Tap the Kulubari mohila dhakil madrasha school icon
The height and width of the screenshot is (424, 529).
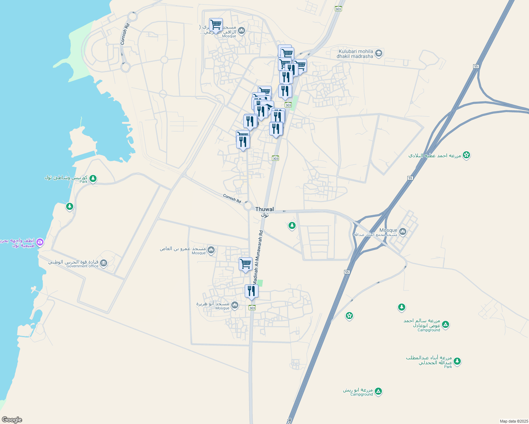(x=379, y=53)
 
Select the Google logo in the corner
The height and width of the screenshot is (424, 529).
(x=12, y=419)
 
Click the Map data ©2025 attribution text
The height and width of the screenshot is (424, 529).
(x=514, y=421)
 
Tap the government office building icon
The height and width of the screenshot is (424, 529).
(x=104, y=263)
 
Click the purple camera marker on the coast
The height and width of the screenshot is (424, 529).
(x=40, y=242)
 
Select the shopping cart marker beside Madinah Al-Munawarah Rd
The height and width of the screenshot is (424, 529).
(x=245, y=264)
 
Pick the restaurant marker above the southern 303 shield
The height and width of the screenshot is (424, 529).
(x=251, y=291)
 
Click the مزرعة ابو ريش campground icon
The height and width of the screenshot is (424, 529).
(x=378, y=391)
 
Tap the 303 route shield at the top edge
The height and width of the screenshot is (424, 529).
(x=338, y=9)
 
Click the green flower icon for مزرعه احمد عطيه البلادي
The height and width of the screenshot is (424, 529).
(x=466, y=155)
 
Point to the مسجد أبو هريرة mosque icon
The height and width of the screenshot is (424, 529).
(x=234, y=305)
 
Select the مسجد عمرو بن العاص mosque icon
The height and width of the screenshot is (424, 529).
(x=211, y=250)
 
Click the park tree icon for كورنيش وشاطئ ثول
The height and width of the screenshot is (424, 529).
(x=93, y=178)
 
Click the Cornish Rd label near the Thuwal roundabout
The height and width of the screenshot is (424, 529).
(x=232, y=198)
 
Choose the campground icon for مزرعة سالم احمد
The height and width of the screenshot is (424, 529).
(x=446, y=324)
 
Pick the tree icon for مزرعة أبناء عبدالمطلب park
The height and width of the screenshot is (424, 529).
(x=457, y=361)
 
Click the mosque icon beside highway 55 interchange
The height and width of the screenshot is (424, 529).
(x=402, y=232)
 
